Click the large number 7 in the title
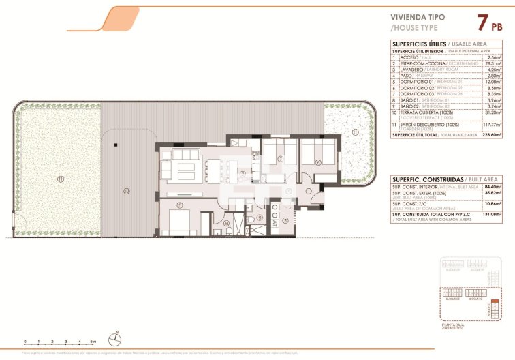(482, 22)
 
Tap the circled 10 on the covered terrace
(126, 192)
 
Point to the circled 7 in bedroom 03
(279, 159)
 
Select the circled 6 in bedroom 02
(318, 162)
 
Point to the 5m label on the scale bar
(93, 340)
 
